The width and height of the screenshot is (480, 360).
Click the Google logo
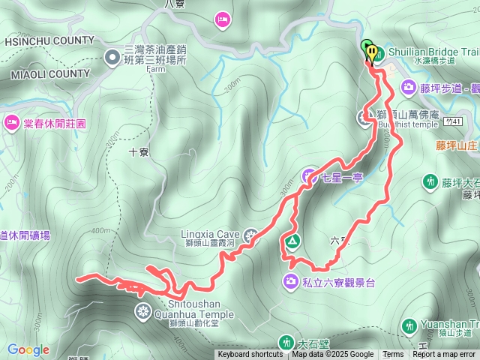coord(28,349)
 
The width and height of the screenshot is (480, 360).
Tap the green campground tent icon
coord(291,241)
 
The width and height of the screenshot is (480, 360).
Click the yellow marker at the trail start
coord(373,51)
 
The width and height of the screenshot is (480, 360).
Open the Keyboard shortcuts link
coord(250,355)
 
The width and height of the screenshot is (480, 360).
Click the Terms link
coord(393,355)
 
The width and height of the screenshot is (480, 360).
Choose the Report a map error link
coord(444,355)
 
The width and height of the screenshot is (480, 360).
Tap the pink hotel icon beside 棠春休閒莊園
coord(11,121)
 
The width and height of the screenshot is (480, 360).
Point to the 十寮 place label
coord(138,151)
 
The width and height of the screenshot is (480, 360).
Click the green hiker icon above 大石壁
coord(286,342)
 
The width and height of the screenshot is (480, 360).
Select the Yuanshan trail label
coord(449,325)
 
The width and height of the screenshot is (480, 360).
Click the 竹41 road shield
coord(451,120)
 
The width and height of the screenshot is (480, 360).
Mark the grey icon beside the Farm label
coord(112,56)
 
